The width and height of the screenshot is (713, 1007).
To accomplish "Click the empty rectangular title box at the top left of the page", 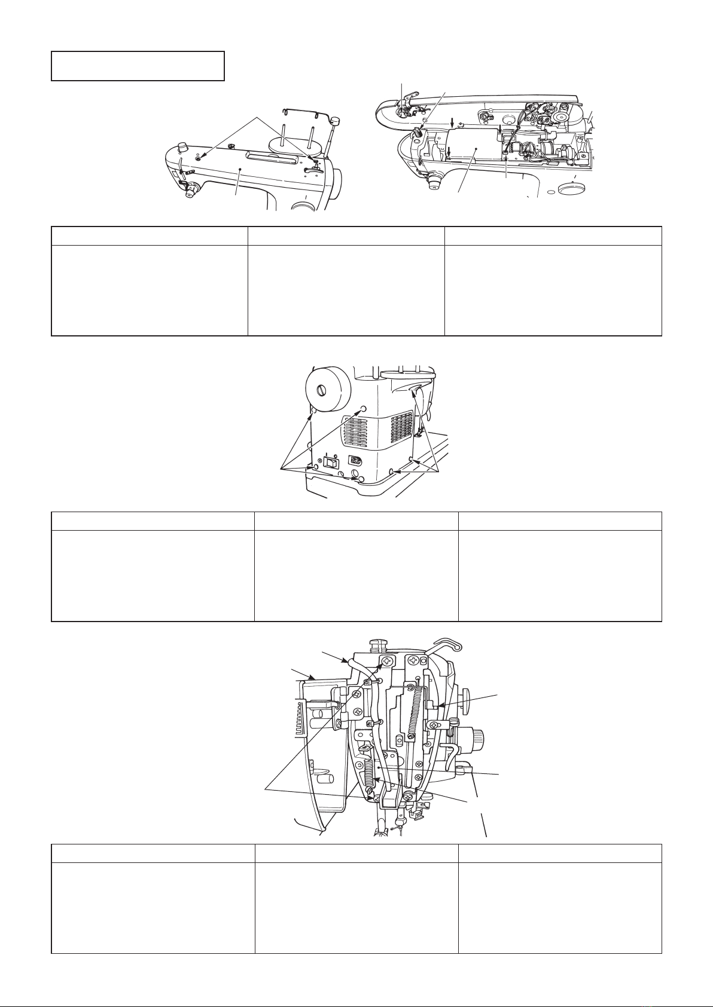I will tap(138, 66).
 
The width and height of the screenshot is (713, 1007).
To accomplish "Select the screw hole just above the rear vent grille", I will tap(362, 409).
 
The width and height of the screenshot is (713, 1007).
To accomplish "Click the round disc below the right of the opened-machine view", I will tap(569, 189).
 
